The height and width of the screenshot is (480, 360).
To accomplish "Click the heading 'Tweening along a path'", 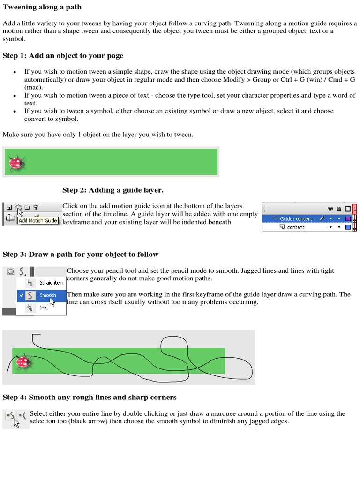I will click(x=42, y=7).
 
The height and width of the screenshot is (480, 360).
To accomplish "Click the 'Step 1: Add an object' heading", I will click(x=63, y=56).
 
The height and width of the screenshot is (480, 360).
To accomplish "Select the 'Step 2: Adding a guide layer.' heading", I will click(x=113, y=190).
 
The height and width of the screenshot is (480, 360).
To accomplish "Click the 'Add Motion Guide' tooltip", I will click(x=38, y=220).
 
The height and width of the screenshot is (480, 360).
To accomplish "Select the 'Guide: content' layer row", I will click(x=296, y=219).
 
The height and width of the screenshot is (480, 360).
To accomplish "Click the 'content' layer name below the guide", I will click(x=296, y=227).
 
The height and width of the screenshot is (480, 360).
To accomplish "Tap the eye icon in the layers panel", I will click(x=330, y=209).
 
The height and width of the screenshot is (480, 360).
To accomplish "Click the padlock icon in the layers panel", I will click(x=339, y=209).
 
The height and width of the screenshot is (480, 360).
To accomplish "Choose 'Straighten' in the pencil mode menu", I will click(x=51, y=283).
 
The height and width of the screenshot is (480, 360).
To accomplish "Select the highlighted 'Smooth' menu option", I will click(x=48, y=295).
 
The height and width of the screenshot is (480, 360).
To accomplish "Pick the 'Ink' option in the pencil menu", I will click(x=43, y=308).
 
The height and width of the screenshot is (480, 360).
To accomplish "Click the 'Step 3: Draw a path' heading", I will click(x=81, y=255).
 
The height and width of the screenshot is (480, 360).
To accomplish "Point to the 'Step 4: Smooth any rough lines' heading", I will click(x=90, y=397).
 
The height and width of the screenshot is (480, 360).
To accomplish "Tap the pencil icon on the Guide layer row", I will click(x=322, y=219).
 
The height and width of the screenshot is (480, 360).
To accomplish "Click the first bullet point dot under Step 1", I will click(x=15, y=72).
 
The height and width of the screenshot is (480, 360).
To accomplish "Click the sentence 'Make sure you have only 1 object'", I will click(x=97, y=135).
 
